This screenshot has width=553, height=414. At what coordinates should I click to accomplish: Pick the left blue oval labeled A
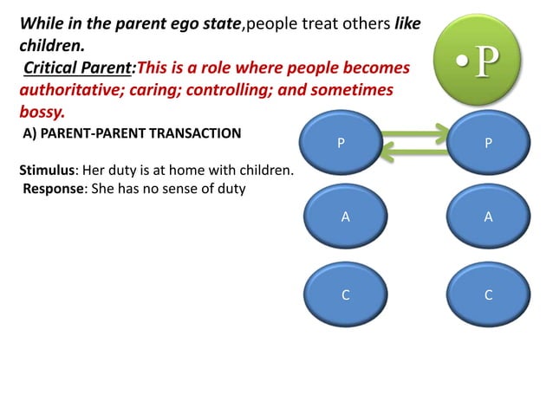coord(345,218)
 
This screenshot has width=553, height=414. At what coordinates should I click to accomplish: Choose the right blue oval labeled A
coord(488,218)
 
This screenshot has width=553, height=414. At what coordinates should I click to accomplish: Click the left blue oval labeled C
coord(345,295)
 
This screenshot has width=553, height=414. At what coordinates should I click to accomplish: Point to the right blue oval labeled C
coord(488,295)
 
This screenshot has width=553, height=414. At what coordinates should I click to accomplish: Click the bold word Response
coord(52,188)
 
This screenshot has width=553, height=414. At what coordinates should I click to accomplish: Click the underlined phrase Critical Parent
coord(75,68)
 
